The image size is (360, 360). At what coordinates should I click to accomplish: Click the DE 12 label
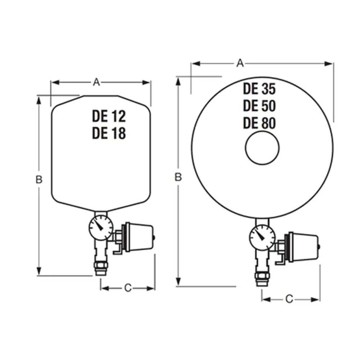click(x=109, y=116)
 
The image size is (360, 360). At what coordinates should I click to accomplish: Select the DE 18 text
click(x=109, y=133)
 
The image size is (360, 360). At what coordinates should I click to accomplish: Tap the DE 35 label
click(x=259, y=89)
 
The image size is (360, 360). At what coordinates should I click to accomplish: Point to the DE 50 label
click(x=259, y=106)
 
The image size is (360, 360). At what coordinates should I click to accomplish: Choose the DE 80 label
click(x=259, y=123)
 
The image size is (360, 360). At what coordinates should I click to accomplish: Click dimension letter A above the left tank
click(x=96, y=82)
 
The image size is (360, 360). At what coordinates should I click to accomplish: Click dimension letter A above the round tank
click(x=240, y=63)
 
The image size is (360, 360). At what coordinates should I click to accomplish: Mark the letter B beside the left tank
click(x=39, y=180)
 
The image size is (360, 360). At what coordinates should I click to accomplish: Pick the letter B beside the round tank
click(x=178, y=177)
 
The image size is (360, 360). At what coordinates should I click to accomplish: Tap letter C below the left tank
click(x=128, y=288)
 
